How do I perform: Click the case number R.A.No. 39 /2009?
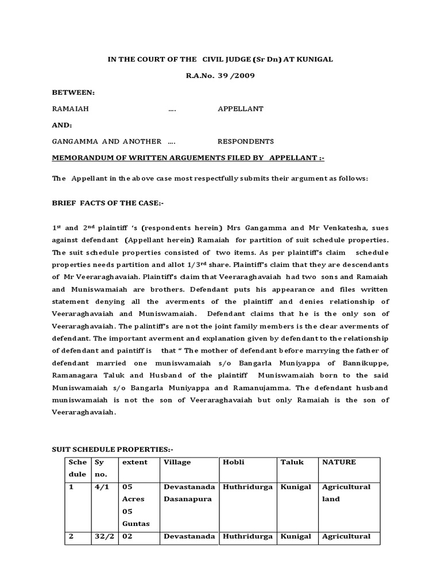(x=220, y=76)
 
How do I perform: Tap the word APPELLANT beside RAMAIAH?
(x=240, y=109)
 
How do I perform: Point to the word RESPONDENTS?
(x=245, y=141)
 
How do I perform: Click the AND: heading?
(x=62, y=125)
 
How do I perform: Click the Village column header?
(x=177, y=462)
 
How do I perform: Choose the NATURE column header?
(x=339, y=462)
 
